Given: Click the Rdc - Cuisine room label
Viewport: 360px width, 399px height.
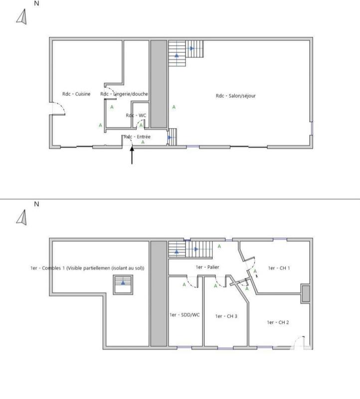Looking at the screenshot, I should [76, 94].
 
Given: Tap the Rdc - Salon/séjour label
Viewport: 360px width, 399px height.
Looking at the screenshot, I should [235, 96].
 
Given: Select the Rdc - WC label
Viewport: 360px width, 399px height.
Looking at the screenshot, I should [136, 115].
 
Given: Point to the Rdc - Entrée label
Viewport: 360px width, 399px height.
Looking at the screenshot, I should [137, 136].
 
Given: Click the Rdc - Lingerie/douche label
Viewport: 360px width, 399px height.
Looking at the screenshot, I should [124, 94].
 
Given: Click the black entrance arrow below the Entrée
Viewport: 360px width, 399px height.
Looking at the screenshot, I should [132, 156].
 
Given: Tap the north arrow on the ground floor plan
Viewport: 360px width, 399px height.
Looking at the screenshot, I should [21, 17].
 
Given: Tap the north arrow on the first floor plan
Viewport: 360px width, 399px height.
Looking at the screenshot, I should [21, 217].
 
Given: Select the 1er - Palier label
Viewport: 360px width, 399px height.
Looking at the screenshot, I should [207, 267].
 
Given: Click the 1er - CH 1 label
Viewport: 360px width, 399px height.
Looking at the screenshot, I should [279, 268].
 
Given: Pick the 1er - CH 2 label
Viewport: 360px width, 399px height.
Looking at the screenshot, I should [278, 322].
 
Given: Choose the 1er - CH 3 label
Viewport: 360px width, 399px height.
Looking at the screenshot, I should [226, 316].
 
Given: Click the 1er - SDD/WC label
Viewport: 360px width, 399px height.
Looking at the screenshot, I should [184, 315].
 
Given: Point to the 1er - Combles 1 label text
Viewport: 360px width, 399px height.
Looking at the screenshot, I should [87, 268].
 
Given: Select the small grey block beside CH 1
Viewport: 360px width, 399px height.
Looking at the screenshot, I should [306, 293].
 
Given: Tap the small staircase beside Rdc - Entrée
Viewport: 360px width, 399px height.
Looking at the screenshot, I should [172, 136].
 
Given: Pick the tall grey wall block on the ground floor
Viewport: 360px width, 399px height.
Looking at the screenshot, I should [159, 84].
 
